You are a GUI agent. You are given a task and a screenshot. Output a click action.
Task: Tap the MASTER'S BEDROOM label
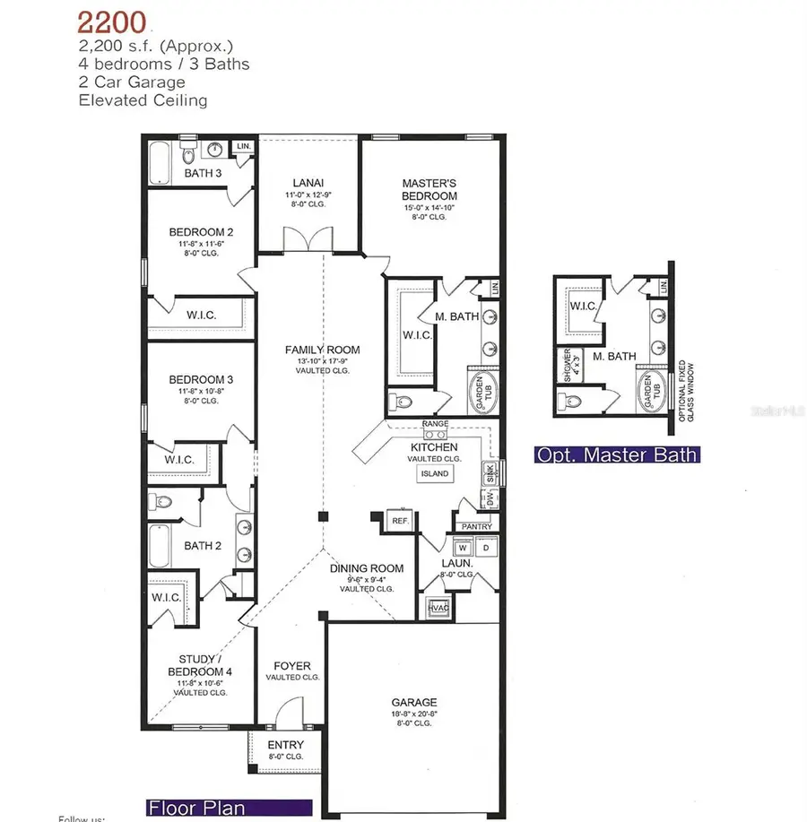[429, 189]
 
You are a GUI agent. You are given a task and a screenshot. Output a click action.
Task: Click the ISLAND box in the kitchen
[434, 473]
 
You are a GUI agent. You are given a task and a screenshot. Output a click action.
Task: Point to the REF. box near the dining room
[399, 520]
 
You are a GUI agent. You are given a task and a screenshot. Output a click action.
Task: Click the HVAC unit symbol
[438, 607]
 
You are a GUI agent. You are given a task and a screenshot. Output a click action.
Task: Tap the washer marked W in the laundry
[463, 547]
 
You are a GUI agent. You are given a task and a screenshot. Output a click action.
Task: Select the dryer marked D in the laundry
[485, 547]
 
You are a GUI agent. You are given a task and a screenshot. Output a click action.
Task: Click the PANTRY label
[475, 526]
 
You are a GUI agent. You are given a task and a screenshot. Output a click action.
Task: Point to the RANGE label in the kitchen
[436, 423]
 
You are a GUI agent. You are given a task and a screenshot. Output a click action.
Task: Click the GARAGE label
[413, 702]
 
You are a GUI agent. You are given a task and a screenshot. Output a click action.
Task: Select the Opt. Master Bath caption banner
[615, 454]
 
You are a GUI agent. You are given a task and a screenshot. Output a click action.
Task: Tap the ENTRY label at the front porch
[285, 745]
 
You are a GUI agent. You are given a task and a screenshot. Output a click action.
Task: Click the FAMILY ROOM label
[322, 350]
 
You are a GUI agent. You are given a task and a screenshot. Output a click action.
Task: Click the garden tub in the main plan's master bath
[482, 393]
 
